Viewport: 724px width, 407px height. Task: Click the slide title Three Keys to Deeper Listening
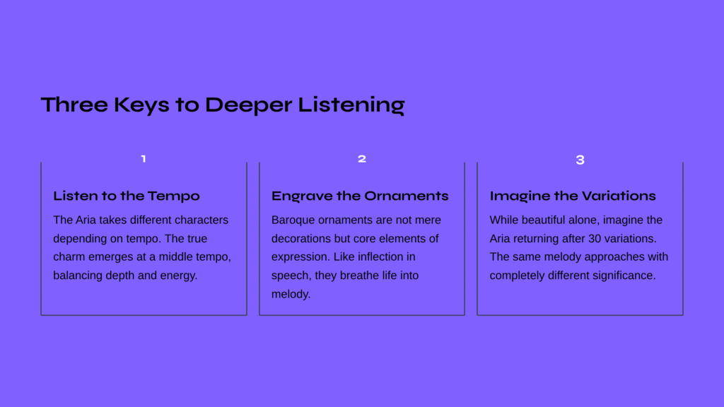(x=223, y=105)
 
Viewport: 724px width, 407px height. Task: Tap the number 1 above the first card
(x=144, y=159)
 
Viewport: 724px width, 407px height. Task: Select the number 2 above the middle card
(x=362, y=159)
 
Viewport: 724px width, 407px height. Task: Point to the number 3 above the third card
(x=580, y=160)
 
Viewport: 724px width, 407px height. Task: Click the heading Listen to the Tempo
(x=127, y=196)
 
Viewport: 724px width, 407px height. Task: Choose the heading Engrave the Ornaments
(x=360, y=196)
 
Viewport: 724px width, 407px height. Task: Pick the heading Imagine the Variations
(x=573, y=196)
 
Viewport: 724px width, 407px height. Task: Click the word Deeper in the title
(x=248, y=105)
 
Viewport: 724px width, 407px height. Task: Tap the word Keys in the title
(x=141, y=105)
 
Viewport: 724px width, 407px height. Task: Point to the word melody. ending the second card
(x=291, y=294)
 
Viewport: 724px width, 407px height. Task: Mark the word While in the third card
(x=503, y=220)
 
